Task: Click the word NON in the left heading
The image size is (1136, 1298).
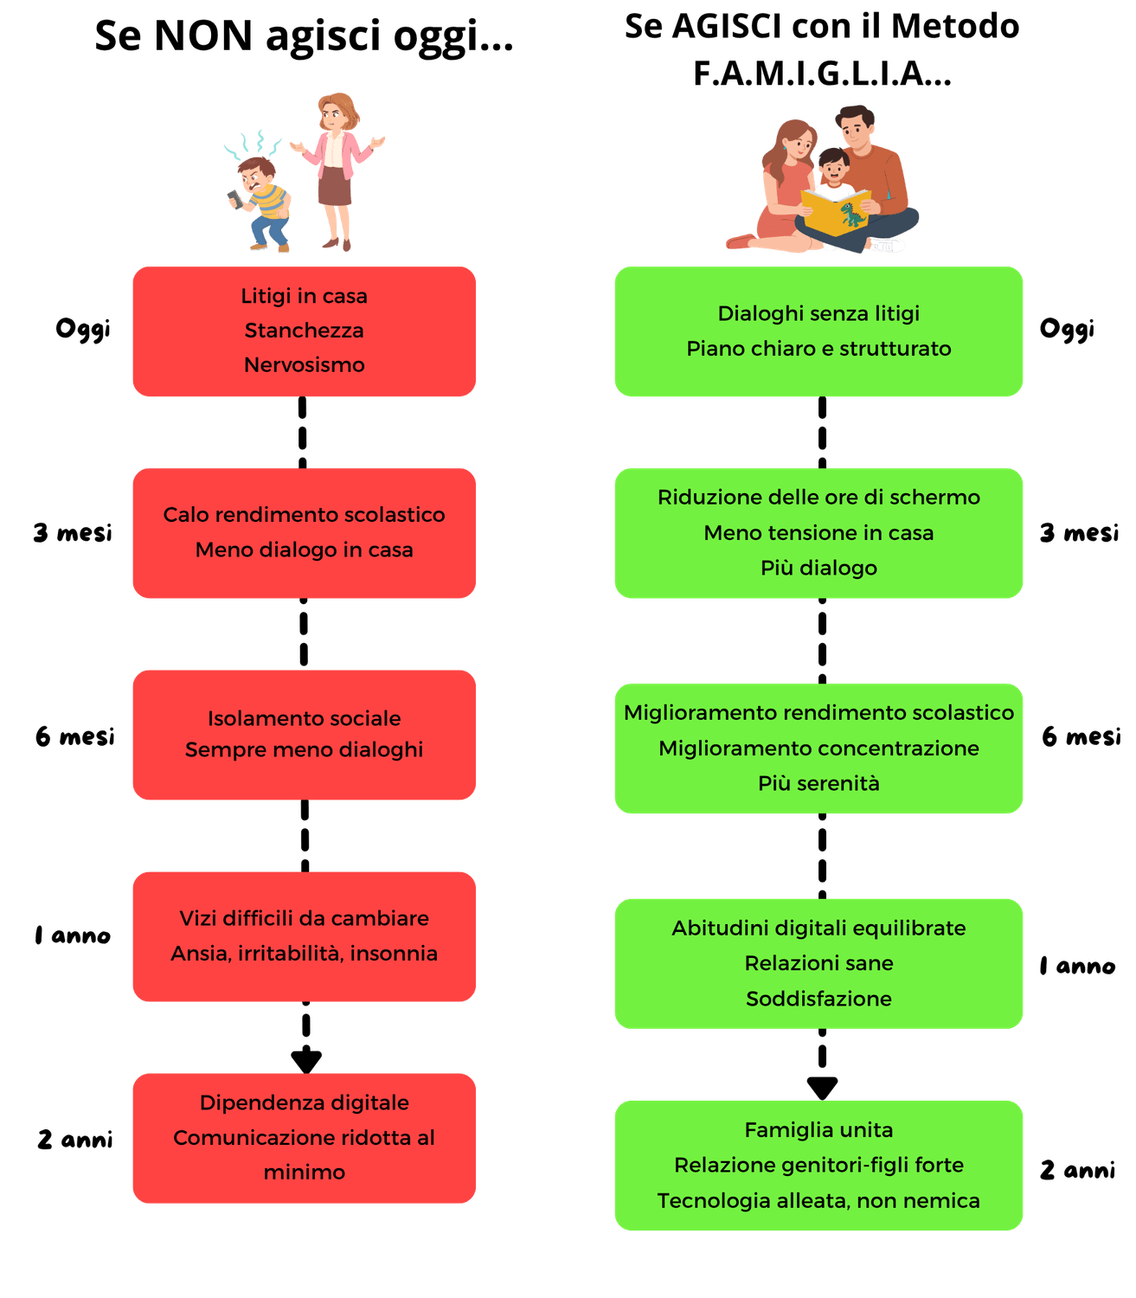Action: pos(203,36)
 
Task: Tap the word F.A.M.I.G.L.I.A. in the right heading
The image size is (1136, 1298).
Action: pos(821,74)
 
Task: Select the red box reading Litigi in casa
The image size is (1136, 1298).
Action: pos(304,331)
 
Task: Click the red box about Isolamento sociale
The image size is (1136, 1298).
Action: pos(304,735)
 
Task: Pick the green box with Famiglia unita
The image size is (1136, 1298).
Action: pos(818,1165)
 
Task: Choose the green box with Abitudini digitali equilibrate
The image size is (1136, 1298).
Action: pos(818,963)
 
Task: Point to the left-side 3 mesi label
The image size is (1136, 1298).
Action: pos(73,532)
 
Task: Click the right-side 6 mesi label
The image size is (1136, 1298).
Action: pos(1081,736)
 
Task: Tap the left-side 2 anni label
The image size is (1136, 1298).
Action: pos(75,1139)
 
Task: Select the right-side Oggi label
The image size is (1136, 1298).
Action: pos(1066,329)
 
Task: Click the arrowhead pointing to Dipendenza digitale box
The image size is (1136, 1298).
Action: pos(306,1060)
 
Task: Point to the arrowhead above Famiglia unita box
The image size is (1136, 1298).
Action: pos(822,1087)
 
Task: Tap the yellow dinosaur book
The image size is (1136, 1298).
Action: pos(835,212)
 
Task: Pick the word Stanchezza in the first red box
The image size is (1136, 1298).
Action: pos(304,331)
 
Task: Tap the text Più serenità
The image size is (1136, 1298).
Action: pos(818,783)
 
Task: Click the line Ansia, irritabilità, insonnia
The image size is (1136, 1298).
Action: pos(304,954)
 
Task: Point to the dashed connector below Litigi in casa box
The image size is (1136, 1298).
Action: pos(303,433)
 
